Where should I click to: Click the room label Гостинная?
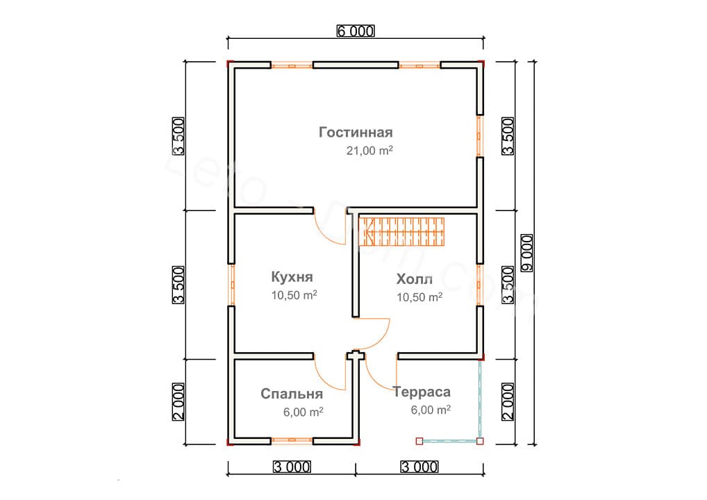coord(356,132)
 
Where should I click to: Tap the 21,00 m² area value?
coord(369,151)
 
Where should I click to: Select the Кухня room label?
coord(292,277)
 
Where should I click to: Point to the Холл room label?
coord(414,279)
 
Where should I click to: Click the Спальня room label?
coord(292,394)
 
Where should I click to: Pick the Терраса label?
coord(422,392)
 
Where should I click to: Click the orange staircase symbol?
coord(402,231)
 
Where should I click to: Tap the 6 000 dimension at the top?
coord(356,31)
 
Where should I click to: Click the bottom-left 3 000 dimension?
coord(291,466)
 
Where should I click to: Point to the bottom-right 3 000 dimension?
coord(420,466)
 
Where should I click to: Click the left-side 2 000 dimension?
coord(178,401)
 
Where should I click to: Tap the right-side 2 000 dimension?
coord(508,401)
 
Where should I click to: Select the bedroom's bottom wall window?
coord(291,440)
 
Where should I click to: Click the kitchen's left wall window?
coord(232,285)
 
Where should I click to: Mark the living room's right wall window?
coord(479,135)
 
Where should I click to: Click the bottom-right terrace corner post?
coord(480,440)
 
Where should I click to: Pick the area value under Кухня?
coord(294,295)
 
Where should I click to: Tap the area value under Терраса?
coord(431,410)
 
